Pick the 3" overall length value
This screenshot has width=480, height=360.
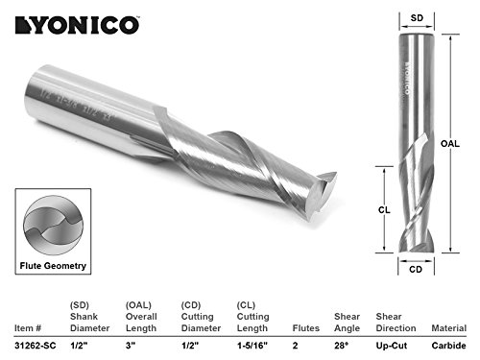[131, 347]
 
